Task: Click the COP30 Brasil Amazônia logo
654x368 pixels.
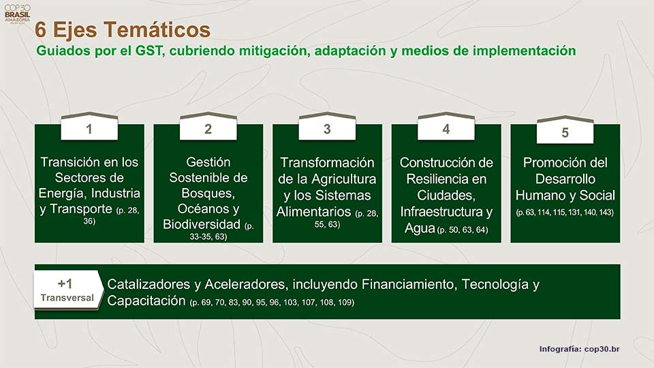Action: click(x=14, y=13)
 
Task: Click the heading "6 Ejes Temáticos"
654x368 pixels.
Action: click(x=123, y=30)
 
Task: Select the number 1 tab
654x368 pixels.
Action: click(x=89, y=128)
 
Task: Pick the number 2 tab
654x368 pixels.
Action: click(x=208, y=128)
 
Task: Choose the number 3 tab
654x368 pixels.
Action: click(x=327, y=128)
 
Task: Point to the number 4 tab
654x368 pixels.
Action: click(x=446, y=128)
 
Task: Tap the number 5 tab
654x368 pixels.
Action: click(x=565, y=132)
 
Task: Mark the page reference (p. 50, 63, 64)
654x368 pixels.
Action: click(x=463, y=230)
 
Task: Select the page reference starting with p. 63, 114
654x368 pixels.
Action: click(x=565, y=213)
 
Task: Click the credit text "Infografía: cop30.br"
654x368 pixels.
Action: click(x=579, y=349)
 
